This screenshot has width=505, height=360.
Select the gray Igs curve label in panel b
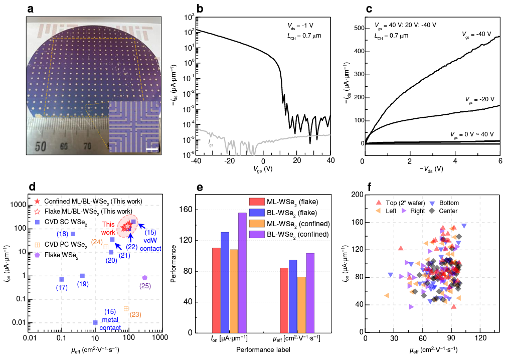(211, 143)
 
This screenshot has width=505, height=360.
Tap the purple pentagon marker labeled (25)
(144, 277)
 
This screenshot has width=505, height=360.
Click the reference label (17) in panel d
(62, 287)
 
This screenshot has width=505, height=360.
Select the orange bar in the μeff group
(301, 304)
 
